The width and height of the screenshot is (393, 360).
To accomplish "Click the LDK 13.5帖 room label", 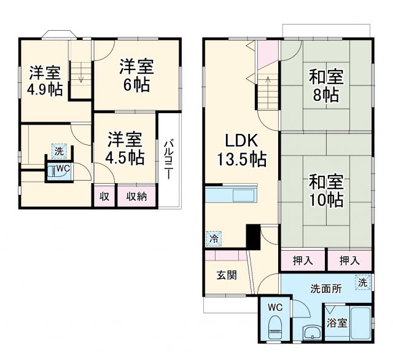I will click(x=241, y=150).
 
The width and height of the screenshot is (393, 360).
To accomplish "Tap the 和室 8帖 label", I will click(x=327, y=87).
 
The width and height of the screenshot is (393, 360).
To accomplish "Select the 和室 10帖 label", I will click(x=327, y=191).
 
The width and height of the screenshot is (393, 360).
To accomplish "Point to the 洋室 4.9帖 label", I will click(x=44, y=80).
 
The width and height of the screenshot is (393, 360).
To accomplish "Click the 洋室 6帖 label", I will click(x=136, y=74).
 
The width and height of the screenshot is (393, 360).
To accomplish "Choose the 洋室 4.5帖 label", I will click(x=124, y=148).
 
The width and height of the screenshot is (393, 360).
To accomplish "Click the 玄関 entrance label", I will click(x=226, y=274).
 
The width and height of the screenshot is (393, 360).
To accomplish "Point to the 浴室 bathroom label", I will click(x=336, y=322).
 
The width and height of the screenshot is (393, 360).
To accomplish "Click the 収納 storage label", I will click(x=136, y=197).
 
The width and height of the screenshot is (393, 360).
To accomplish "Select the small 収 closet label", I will click(x=104, y=197).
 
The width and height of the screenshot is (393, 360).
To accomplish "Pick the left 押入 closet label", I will click(x=303, y=260).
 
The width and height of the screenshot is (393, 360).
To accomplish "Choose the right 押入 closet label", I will click(x=349, y=260).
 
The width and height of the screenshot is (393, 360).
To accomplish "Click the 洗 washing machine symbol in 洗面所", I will click(x=363, y=283).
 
